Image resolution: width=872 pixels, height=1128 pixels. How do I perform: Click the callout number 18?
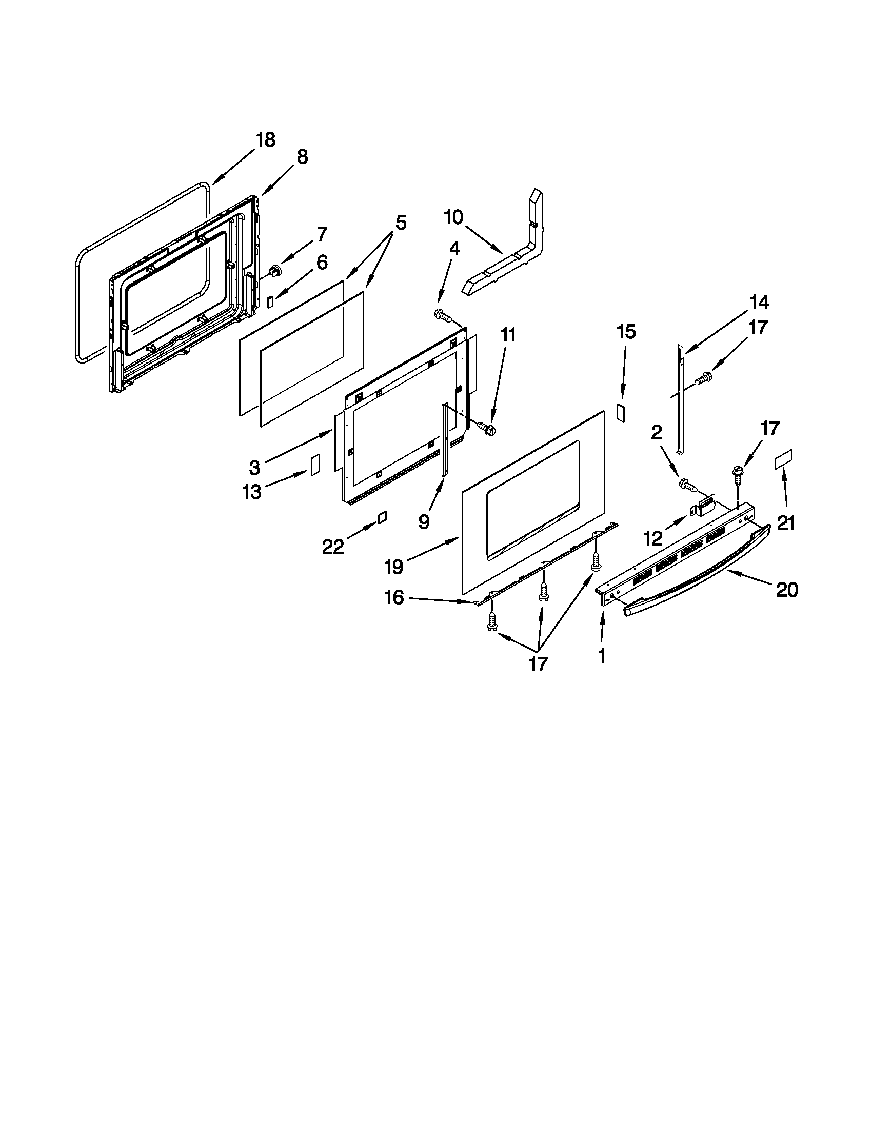point(266,140)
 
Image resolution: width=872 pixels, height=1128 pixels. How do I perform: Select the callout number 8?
point(302,157)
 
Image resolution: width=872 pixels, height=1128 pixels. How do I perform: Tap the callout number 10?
point(453,217)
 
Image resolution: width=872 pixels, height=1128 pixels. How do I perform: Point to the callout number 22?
point(333,546)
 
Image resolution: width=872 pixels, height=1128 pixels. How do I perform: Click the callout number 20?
point(787,589)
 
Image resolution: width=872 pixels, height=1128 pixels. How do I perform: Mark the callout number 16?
point(394,597)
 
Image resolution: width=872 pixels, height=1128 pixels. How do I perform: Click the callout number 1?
point(601,656)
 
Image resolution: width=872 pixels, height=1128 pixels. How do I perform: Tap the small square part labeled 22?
point(382,517)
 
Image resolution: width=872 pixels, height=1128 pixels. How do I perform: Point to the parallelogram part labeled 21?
point(783,460)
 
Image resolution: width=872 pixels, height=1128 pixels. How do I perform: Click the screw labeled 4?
point(441,314)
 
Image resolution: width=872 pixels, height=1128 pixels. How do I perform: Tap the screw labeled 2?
point(686,484)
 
